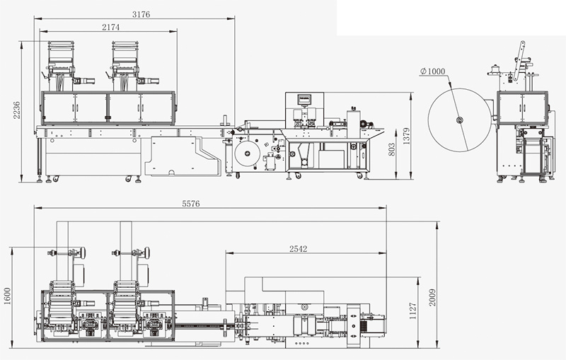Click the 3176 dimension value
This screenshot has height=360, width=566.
point(141,14)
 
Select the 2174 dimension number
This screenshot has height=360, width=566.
point(110,27)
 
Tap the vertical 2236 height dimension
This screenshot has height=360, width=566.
point(17,110)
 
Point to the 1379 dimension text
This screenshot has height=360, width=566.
point(407,136)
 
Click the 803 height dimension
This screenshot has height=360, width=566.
point(392,150)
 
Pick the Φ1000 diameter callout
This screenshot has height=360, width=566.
point(433,71)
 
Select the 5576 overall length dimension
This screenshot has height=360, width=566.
point(190,204)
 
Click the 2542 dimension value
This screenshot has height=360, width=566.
point(298,249)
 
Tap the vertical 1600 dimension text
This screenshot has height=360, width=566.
point(8,296)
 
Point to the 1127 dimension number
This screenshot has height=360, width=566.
point(413,311)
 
